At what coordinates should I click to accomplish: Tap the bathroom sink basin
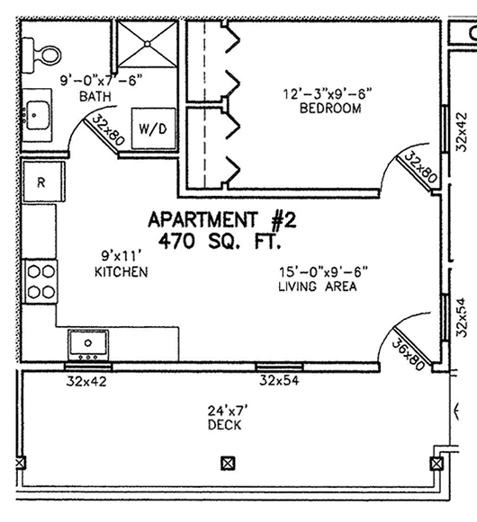[x=38, y=115]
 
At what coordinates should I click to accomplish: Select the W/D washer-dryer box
[x=153, y=128]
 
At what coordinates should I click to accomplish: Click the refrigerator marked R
[x=43, y=181]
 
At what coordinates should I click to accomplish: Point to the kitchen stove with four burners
[x=40, y=281]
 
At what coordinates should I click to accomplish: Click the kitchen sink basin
[x=88, y=345]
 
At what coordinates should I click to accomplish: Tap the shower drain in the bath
[x=147, y=44]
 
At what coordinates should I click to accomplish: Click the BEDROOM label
[x=330, y=109]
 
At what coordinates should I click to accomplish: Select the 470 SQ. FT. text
[x=220, y=242]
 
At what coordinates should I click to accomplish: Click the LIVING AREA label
[x=318, y=287]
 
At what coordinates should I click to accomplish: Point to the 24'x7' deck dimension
[x=229, y=411]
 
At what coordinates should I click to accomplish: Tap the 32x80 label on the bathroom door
[x=107, y=130]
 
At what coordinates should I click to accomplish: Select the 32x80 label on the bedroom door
[x=420, y=167]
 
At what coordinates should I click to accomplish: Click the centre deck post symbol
[x=229, y=463]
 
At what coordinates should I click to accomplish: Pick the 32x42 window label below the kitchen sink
[x=86, y=382]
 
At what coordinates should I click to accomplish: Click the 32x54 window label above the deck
[x=279, y=380]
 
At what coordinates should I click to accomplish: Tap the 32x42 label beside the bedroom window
[x=462, y=132]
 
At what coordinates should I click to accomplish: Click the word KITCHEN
[x=121, y=272]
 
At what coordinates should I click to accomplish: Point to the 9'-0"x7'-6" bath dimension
[x=102, y=80]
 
